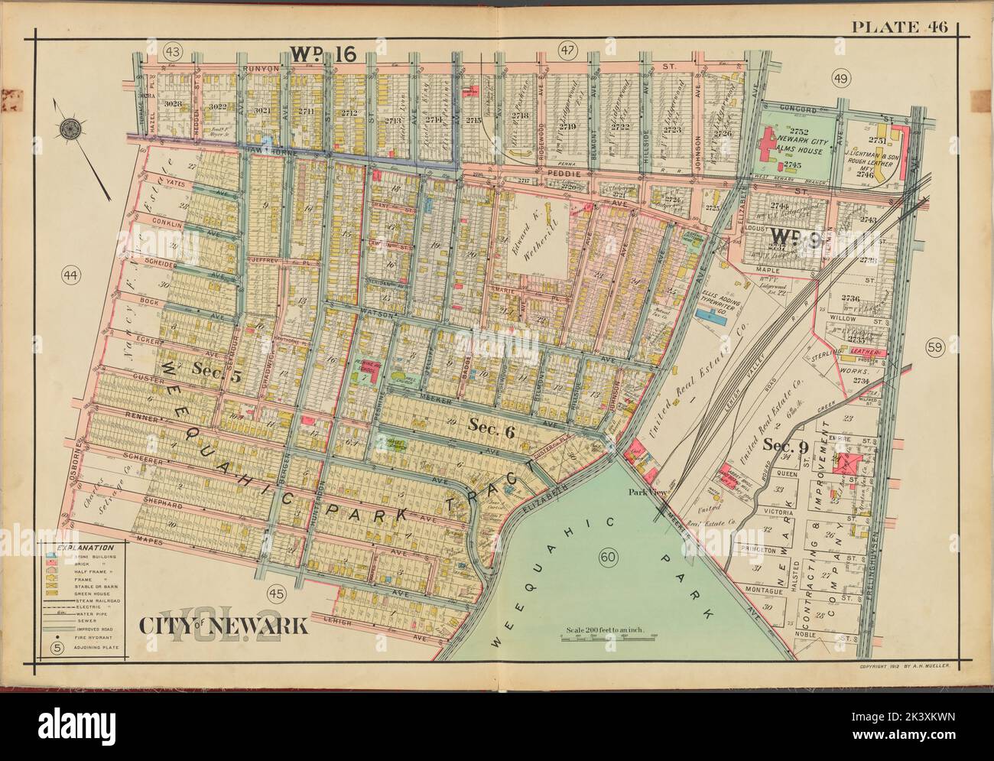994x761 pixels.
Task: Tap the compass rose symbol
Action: pyautogui.click(x=71, y=128)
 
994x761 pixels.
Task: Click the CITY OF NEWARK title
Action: pyautogui.click(x=223, y=626)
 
